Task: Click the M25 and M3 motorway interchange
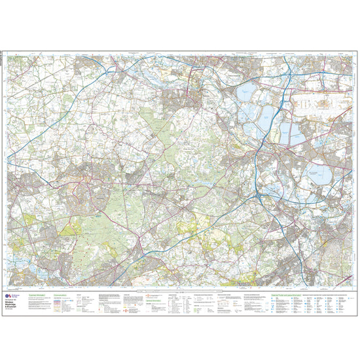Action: coord(261,196)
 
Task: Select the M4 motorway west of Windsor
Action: coord(131,72)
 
